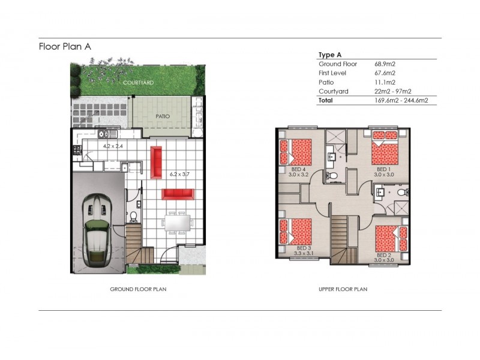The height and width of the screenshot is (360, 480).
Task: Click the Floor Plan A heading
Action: pyautogui.click(x=65, y=46)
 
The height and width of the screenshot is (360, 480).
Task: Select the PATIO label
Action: pyautogui.click(x=162, y=116)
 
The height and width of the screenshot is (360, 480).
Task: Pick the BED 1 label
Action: pyautogui.click(x=383, y=170)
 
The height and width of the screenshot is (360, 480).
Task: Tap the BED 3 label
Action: pyautogui.click(x=304, y=247)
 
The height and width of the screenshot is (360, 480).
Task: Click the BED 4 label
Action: pyautogui.click(x=298, y=170)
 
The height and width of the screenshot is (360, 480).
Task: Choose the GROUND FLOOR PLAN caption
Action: pyautogui.click(x=138, y=289)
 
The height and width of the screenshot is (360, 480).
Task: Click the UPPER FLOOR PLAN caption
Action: pyautogui.click(x=343, y=289)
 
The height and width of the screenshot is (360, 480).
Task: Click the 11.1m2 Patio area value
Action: pyautogui.click(x=382, y=82)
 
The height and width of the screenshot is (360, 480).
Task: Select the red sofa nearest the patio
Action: pyautogui.click(x=157, y=162)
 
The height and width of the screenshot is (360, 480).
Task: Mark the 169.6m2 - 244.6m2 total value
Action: pyautogui.click(x=401, y=101)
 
